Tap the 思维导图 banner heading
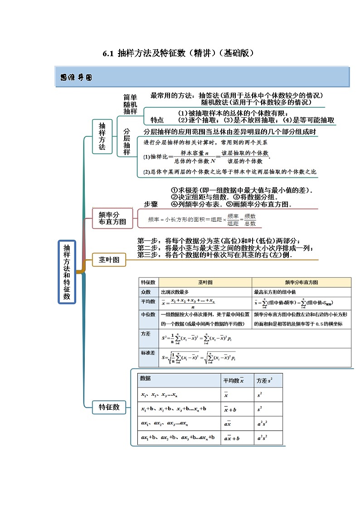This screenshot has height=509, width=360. (76, 78)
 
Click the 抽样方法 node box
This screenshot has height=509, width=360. (102, 136)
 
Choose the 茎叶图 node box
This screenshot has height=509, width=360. (109, 260)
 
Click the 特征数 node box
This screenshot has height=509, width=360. (109, 407)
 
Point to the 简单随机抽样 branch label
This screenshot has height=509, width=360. (130, 104)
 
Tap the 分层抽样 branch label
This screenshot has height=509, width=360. (127, 141)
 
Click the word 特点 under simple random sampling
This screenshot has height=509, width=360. (157, 121)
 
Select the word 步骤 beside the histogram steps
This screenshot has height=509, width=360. (151, 204)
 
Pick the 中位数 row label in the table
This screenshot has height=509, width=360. (148, 314)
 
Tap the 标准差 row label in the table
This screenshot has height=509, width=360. (148, 352)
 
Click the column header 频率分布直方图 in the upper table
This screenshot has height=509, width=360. (301, 282)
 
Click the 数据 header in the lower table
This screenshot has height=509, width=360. (146, 378)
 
